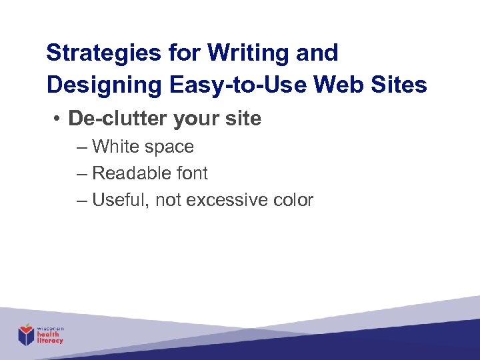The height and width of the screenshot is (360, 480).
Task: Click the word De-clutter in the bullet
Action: pyautogui.click(x=118, y=119)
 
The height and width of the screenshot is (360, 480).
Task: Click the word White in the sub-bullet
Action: pyautogui.click(x=115, y=147)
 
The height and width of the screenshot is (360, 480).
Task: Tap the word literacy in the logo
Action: pyautogui.click(x=51, y=341)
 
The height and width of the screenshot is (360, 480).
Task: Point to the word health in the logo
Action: pyautogui.click(x=49, y=335)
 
